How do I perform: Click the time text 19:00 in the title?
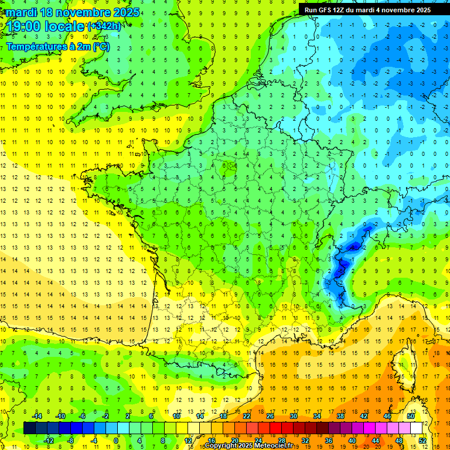pos(24,26)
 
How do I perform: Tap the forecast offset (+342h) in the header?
pos(104,26)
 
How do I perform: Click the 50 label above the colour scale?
pos(411,416)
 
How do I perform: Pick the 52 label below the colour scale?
pos(422,440)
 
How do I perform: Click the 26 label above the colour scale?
pos(270,416)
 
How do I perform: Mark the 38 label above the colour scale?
pos(340,416)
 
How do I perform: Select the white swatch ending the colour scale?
pos(417,428)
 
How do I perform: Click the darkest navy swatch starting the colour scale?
pos(30,428)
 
